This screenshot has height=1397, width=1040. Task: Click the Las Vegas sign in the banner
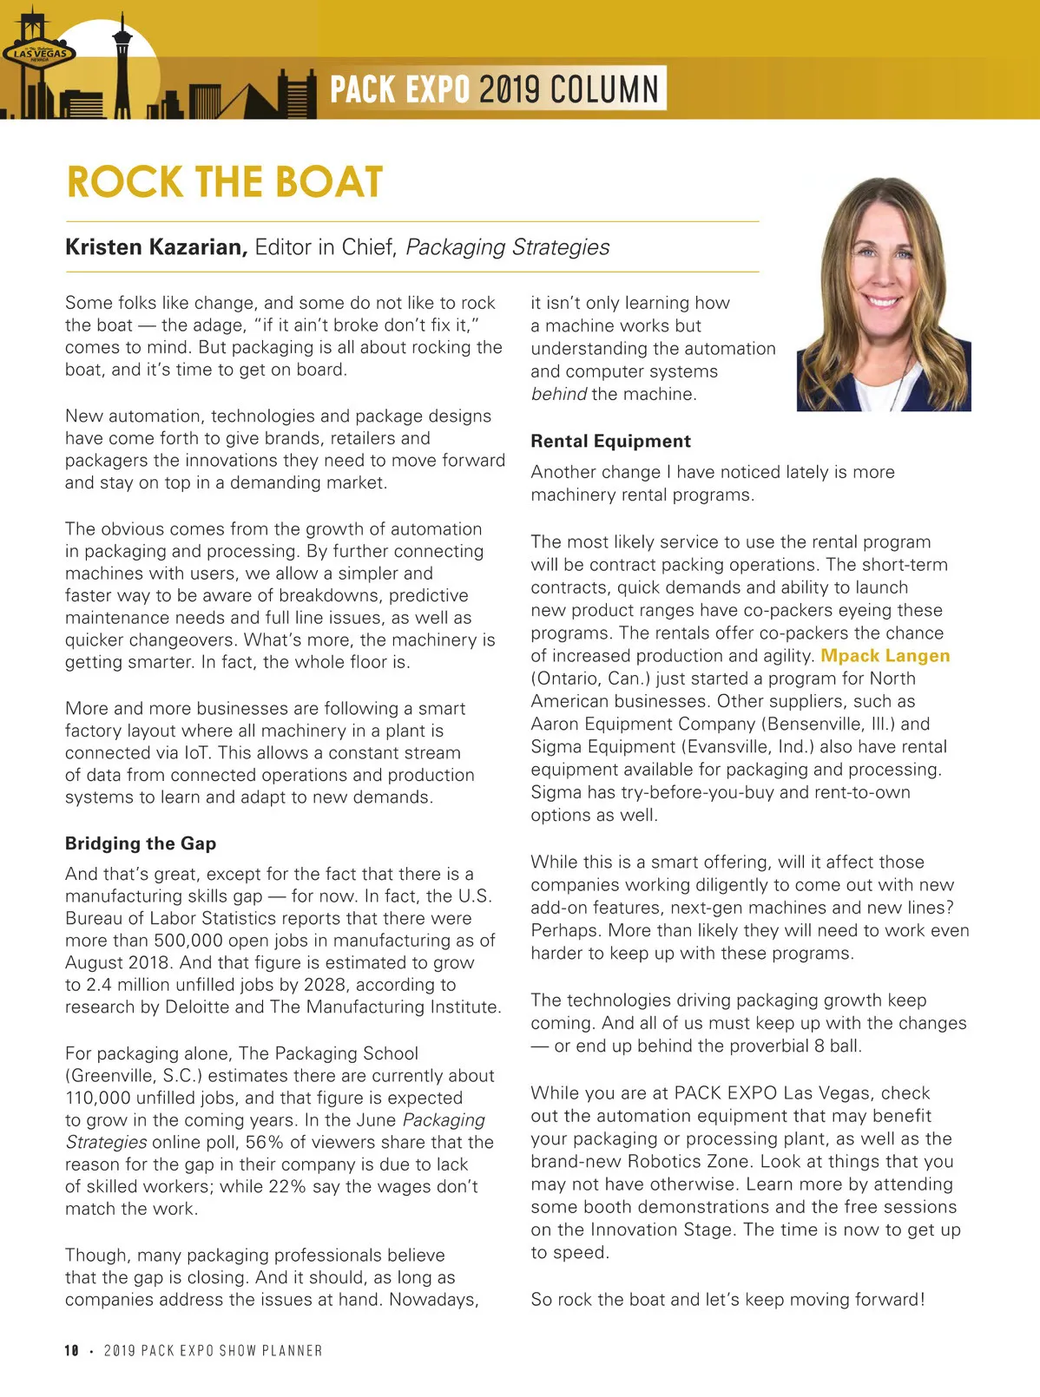coord(39,53)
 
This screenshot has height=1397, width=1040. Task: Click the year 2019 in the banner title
coord(510,89)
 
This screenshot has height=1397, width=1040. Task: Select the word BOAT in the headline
coord(328,182)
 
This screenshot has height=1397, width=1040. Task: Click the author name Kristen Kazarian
coord(156,247)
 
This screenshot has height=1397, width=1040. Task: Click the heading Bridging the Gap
coord(141,843)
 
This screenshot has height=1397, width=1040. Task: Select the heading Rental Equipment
coord(610,441)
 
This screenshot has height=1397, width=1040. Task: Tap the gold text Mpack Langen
coord(885,656)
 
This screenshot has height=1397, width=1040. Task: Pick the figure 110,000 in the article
coord(100,1098)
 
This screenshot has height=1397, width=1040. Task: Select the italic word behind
coord(558,394)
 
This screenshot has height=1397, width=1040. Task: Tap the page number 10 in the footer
coord(71,1350)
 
